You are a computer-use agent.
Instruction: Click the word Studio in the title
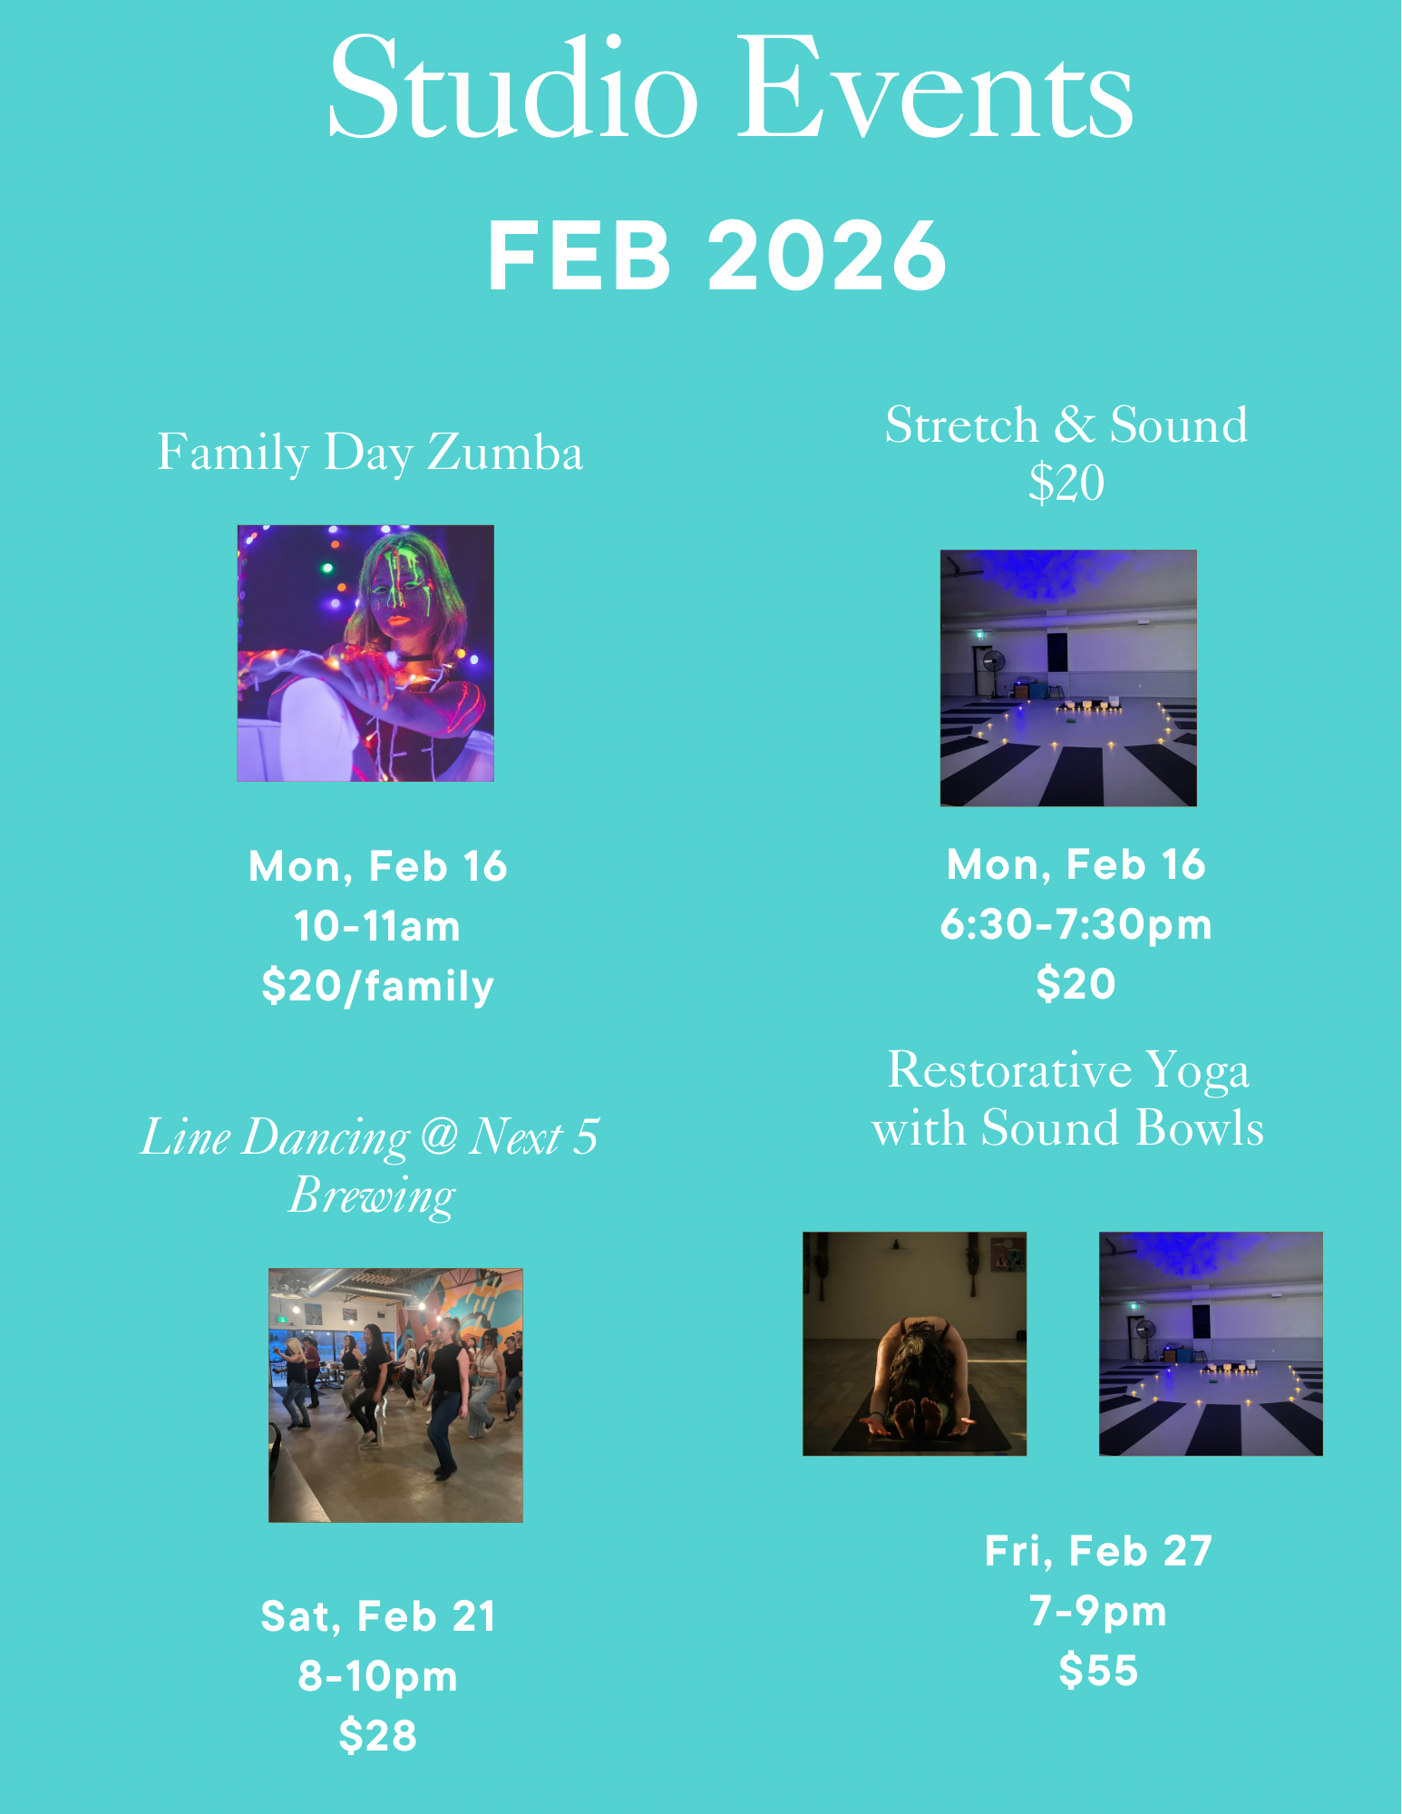point(513,88)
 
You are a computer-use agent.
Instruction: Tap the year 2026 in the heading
point(827,256)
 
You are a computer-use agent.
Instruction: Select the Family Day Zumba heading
point(370,453)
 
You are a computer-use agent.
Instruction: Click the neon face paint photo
point(365,653)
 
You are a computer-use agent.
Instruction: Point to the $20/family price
point(378,986)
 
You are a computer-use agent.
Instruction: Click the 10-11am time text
point(377,927)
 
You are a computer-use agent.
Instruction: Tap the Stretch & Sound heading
point(1066,424)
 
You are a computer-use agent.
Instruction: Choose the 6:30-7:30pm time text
point(1076,925)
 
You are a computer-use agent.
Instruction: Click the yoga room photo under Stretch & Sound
point(1068,678)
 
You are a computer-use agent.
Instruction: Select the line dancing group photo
point(395,1395)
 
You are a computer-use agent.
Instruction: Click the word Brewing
point(372,1196)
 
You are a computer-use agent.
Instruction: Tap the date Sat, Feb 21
point(378,1616)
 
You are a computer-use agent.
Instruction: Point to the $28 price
point(378,1736)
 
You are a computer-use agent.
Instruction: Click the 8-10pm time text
point(378,1676)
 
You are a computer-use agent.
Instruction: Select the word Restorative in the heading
point(1009,1070)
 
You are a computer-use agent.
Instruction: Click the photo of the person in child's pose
point(914,1343)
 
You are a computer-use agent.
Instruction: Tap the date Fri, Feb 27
point(1098,1551)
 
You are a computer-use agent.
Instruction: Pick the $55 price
point(1098,1671)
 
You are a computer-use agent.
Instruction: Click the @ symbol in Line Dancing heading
point(440,1136)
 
